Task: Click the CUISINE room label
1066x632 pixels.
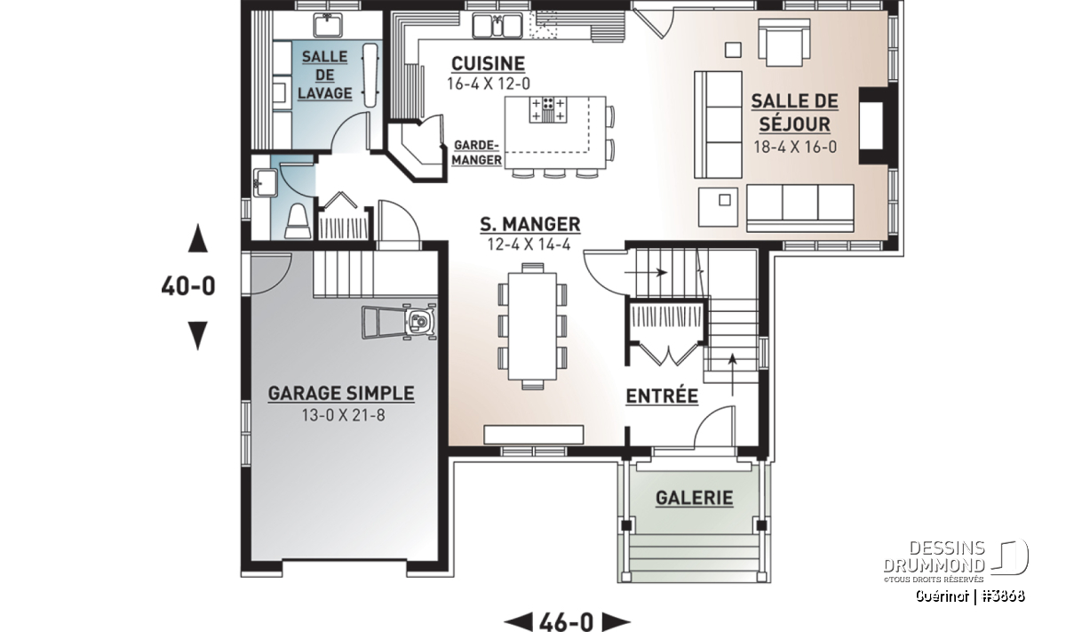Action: [488, 64]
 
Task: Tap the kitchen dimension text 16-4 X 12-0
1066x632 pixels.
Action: [489, 84]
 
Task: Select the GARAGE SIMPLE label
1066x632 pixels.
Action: [341, 394]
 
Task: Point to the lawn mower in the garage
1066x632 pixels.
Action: [399, 322]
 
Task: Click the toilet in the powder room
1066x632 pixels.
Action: [298, 221]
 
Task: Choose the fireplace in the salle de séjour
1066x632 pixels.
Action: [871, 125]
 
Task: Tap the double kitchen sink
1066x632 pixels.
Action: [497, 26]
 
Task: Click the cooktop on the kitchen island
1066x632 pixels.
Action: [548, 109]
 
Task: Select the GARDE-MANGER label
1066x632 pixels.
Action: [476, 153]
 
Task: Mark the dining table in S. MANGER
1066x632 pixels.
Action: [532, 326]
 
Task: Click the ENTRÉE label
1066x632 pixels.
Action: [662, 396]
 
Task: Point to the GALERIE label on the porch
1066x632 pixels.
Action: [694, 498]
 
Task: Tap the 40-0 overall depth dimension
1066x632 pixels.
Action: [188, 287]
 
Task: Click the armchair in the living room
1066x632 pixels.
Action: [784, 43]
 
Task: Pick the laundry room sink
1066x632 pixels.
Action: [328, 25]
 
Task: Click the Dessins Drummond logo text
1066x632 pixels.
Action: [934, 557]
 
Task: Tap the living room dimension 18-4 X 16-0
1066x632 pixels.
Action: [795, 148]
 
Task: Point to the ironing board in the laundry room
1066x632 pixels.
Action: [370, 76]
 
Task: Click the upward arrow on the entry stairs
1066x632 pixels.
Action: [732, 374]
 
